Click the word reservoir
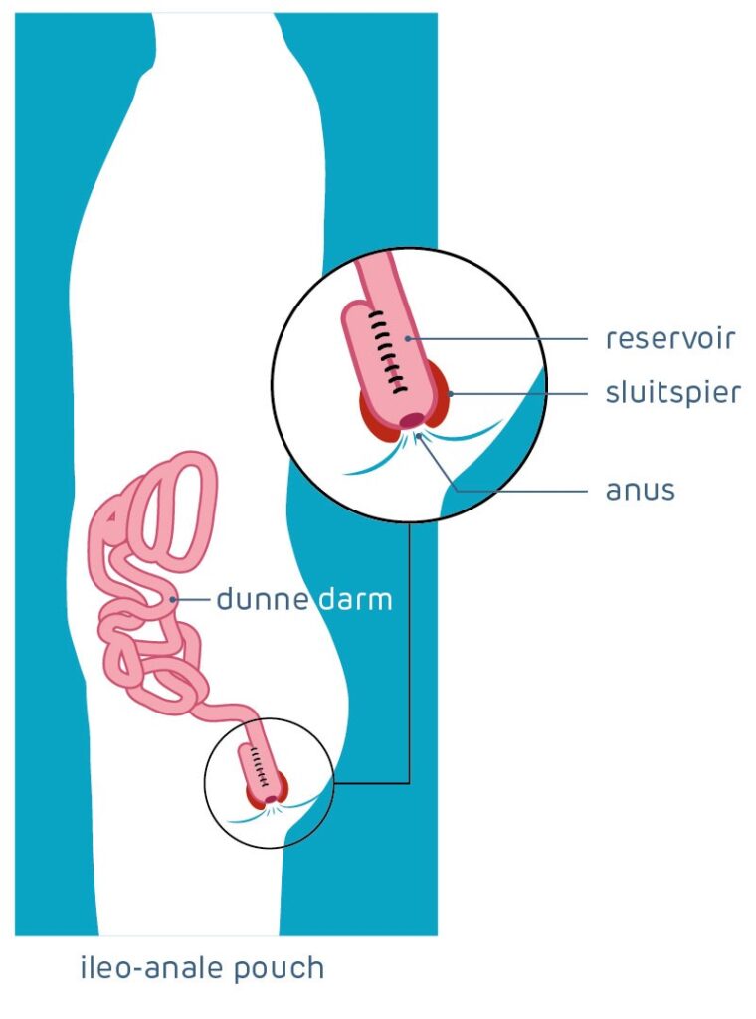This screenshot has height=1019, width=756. [x=669, y=338]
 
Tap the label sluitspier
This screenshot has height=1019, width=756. [x=673, y=393]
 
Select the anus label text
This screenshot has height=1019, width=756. [x=641, y=490]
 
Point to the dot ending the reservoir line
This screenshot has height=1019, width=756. [x=408, y=339]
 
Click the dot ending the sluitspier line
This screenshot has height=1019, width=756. [x=451, y=394]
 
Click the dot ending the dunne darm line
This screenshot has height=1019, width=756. [x=175, y=599]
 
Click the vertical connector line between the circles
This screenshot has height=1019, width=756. [x=409, y=647]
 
